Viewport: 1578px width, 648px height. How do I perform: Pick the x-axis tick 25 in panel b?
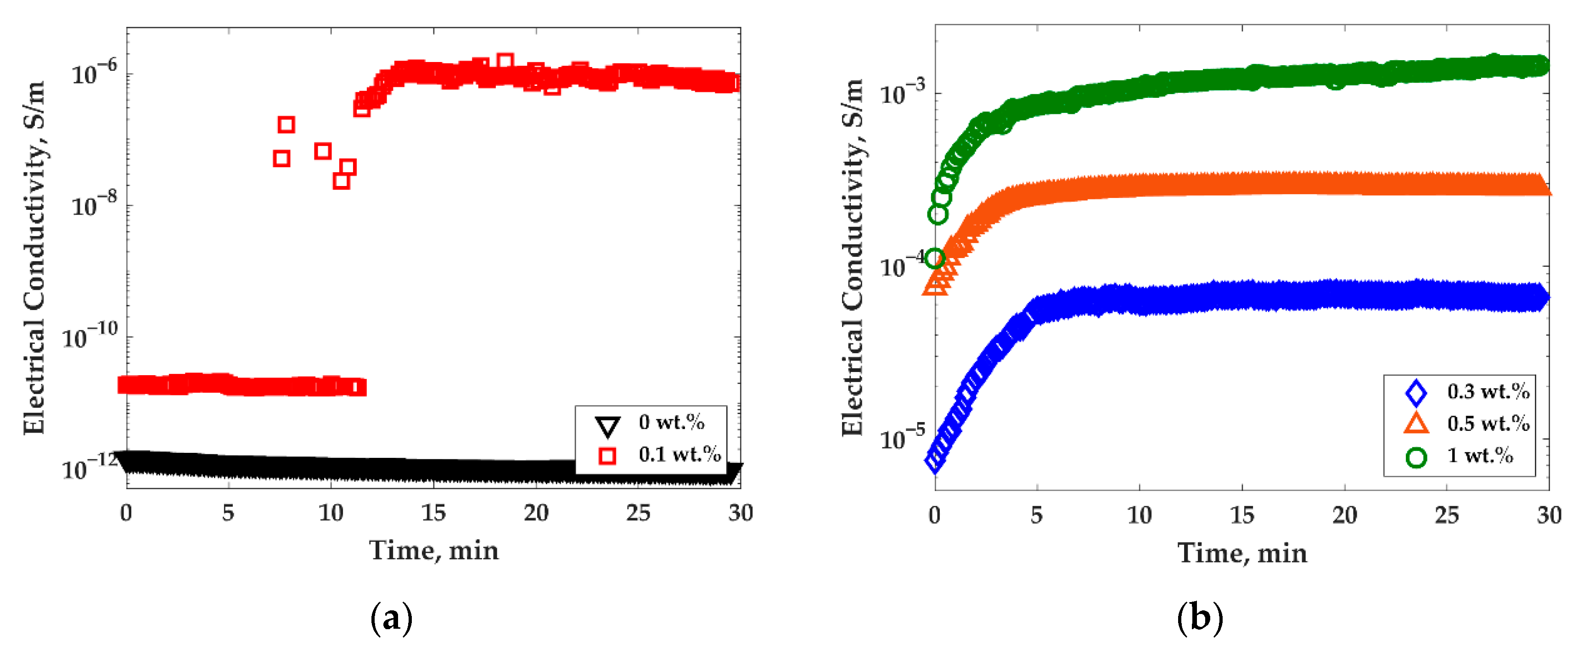pyautogui.click(x=1447, y=516)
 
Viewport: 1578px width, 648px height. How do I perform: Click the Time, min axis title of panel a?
pyautogui.click(x=433, y=551)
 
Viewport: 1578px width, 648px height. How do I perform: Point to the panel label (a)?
pyautogui.click(x=392, y=619)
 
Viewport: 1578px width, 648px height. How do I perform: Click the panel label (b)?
pyautogui.click(x=1199, y=619)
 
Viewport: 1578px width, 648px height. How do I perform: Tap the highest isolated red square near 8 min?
pyautogui.click(x=286, y=125)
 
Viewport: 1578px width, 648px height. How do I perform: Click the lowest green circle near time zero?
pyautogui.click(x=934, y=258)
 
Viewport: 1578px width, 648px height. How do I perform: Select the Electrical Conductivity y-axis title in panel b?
pyautogui.click(x=852, y=257)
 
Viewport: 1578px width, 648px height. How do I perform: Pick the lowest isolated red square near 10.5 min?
pyautogui.click(x=341, y=180)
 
